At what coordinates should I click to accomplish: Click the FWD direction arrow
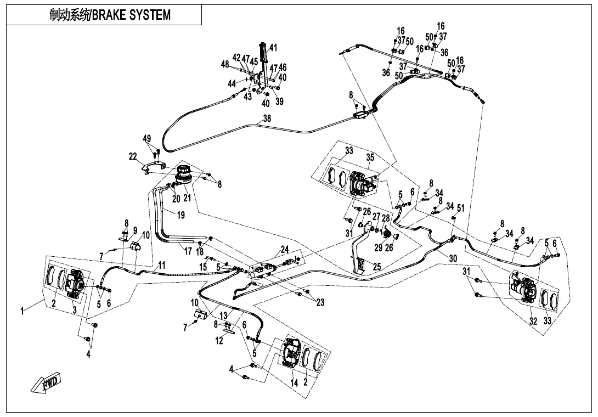(45, 383)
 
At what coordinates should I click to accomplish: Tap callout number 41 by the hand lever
(273, 48)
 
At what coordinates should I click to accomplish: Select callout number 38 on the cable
(267, 119)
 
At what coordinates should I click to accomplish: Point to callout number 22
(133, 157)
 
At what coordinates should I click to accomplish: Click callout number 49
(147, 139)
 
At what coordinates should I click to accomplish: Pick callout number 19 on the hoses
(180, 215)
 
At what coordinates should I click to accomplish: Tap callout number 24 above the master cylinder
(285, 249)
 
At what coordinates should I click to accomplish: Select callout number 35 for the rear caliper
(370, 157)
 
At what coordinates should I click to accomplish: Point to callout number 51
(461, 208)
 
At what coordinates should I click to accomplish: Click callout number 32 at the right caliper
(533, 322)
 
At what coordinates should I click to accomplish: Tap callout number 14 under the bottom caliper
(294, 383)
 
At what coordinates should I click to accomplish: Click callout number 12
(219, 341)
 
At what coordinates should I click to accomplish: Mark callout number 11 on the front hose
(161, 265)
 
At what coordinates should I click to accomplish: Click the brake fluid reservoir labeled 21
(184, 174)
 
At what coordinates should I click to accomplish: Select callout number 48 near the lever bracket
(225, 64)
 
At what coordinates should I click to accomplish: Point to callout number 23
(320, 302)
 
